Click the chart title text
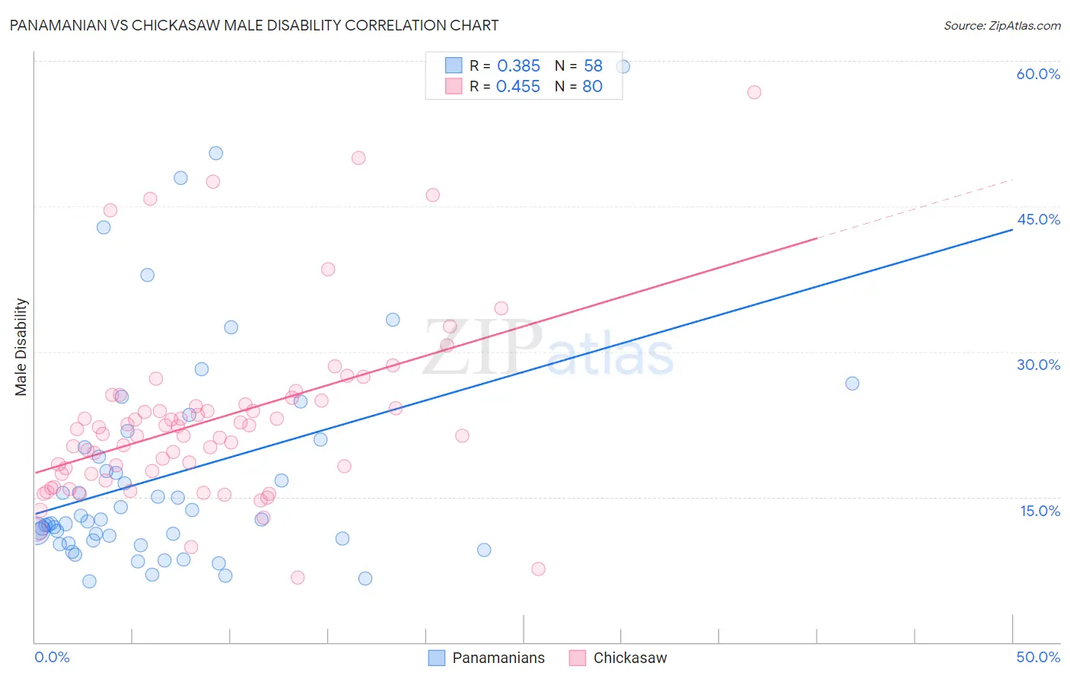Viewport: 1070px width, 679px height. coord(254,25)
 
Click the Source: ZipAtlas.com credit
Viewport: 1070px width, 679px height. coord(1002,25)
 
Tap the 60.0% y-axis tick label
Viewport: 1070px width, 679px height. coord(1038,74)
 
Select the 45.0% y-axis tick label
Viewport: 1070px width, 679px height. coord(1038,219)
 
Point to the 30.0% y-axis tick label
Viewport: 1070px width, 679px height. coord(1038,365)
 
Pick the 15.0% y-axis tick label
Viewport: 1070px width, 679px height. coord(1040,511)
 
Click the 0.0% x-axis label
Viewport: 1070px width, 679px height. coord(52,657)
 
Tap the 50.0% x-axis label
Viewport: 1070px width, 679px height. coord(1038,657)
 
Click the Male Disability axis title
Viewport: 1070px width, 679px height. coord(21,347)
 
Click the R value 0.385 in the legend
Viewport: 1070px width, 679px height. coord(518,66)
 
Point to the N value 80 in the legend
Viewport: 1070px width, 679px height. coord(592,87)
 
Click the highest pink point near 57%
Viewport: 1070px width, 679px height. coord(754,92)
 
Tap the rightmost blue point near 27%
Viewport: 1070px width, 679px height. coord(852,384)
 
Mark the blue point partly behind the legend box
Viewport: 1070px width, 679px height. coord(623,67)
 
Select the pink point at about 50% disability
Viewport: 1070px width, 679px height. coord(358,158)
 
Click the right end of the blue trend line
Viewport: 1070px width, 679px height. coord(1012,229)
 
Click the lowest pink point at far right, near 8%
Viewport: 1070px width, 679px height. coord(538,569)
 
